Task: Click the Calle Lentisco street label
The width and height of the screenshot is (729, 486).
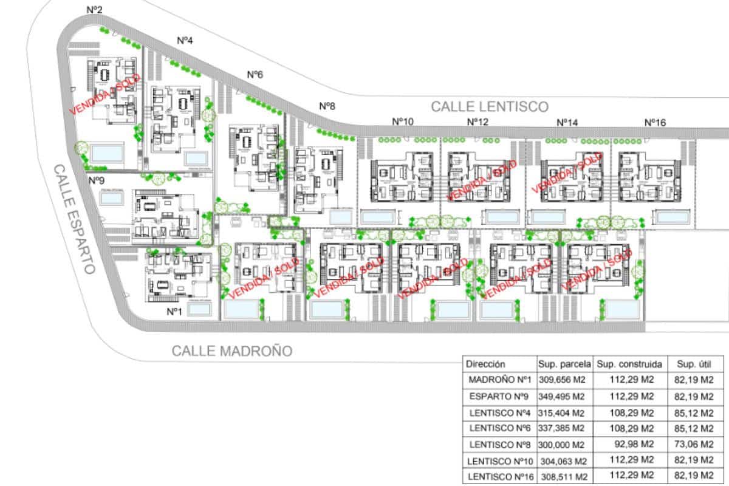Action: pyautogui.click(x=490, y=106)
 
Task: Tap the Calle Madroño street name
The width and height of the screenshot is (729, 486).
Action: pyautogui.click(x=231, y=351)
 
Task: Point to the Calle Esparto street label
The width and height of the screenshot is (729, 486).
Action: pyautogui.click(x=74, y=218)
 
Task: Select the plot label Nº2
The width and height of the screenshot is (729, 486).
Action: pyautogui.click(x=95, y=10)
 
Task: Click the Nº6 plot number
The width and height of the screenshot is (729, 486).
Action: pyautogui.click(x=255, y=74)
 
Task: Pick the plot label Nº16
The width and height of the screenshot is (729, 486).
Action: pyautogui.click(x=655, y=122)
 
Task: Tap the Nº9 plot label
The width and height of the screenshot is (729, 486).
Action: pyautogui.click(x=97, y=180)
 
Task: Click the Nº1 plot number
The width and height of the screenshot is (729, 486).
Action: pyautogui.click(x=174, y=311)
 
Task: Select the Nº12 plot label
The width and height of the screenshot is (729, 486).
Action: pyautogui.click(x=477, y=122)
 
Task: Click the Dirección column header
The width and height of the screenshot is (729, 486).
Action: pyautogui.click(x=485, y=364)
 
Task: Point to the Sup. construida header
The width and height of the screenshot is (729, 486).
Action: pyautogui.click(x=629, y=364)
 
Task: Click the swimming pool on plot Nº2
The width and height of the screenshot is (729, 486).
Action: pyautogui.click(x=107, y=152)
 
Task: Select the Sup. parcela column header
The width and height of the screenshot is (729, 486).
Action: pyautogui.click(x=564, y=364)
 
